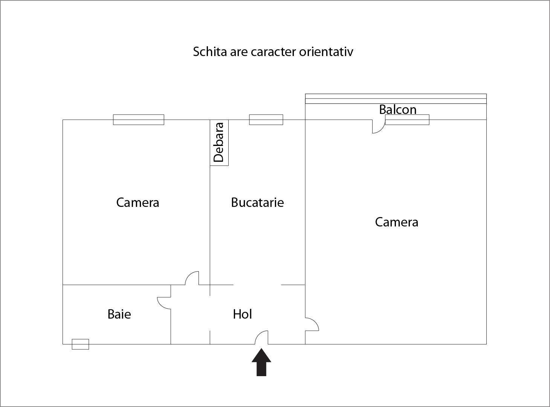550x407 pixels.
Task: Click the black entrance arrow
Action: (261, 362)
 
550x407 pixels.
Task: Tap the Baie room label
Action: (119, 314)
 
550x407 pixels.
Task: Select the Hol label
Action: (242, 314)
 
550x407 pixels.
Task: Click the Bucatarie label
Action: (257, 202)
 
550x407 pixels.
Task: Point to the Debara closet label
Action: (219, 143)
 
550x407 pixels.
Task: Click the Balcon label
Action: (398, 109)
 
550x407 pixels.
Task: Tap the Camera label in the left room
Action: (137, 202)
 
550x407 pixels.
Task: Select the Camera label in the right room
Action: (397, 222)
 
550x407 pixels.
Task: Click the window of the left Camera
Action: (139, 120)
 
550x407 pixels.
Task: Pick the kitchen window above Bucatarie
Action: (266, 120)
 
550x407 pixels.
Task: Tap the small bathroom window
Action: (80, 344)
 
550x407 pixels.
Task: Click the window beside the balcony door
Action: (407, 120)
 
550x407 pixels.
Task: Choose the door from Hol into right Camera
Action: (315, 322)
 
